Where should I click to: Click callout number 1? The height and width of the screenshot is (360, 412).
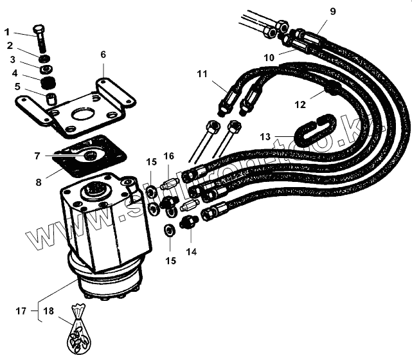click(8, 32)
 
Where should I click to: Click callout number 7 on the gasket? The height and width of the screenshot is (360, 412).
click(37, 156)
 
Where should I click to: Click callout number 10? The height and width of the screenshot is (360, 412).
click(269, 57)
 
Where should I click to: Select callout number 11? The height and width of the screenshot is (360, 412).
click(202, 75)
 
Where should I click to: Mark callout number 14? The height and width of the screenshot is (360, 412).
click(190, 252)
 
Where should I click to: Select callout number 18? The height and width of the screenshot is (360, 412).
click(48, 311)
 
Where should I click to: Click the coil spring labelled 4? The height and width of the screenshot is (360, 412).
click(46, 83)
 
